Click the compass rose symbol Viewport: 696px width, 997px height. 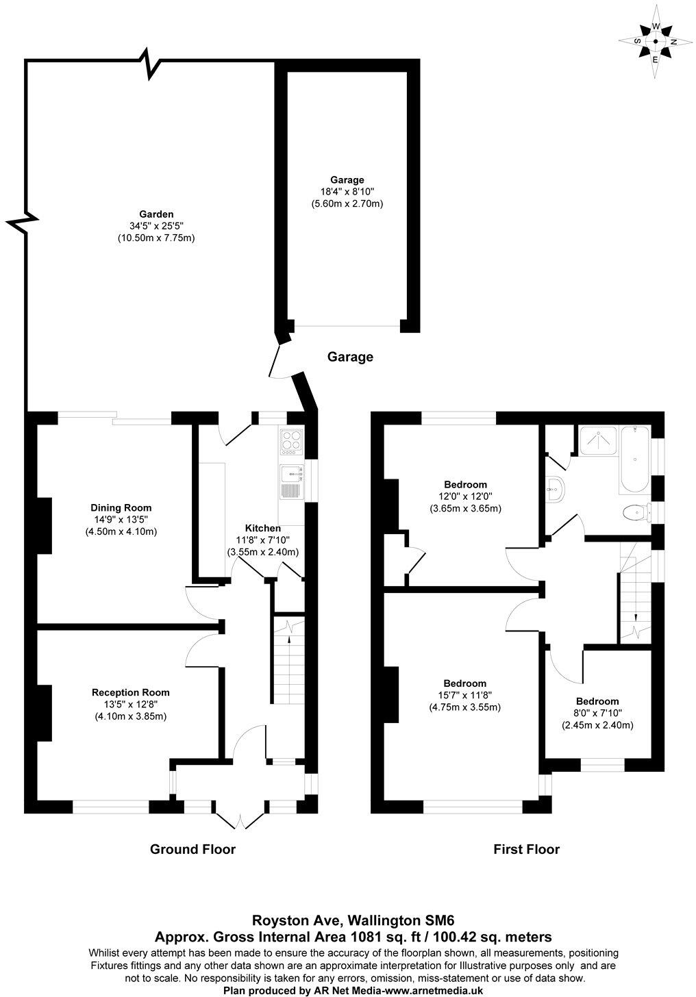655,42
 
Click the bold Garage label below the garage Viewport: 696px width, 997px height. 350,357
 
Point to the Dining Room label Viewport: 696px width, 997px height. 121,508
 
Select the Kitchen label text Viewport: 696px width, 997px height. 263,529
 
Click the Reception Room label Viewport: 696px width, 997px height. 130,692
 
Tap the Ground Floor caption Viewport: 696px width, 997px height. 192,850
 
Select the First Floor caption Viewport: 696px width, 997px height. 526,850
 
